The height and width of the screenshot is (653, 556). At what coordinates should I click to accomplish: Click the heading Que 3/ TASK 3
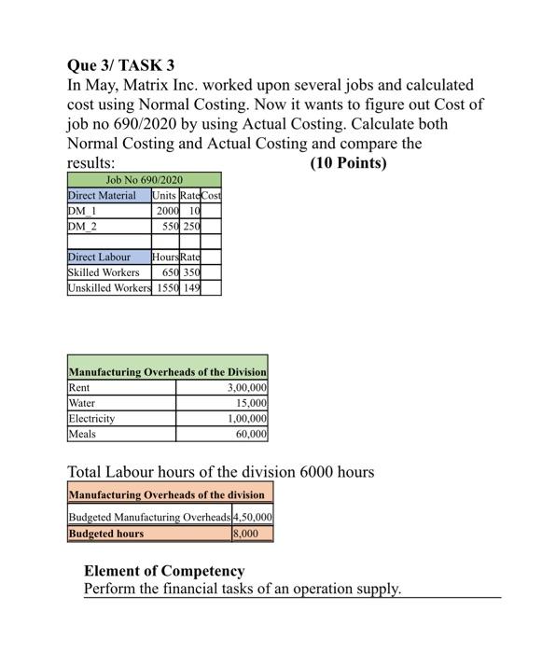pyautogui.click(x=121, y=66)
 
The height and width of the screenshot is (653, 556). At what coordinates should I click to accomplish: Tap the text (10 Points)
pyautogui.click(x=347, y=163)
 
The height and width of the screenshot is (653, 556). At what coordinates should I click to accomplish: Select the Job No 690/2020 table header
pyautogui.click(x=144, y=179)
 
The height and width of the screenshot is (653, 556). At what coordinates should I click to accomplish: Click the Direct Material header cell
pyautogui.click(x=102, y=195)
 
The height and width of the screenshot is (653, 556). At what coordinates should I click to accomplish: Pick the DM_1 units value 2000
pyautogui.click(x=169, y=211)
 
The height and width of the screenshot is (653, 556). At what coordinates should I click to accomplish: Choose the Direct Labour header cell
pyautogui.click(x=99, y=257)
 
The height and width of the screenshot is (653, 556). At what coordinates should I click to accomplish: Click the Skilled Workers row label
pyautogui.click(x=104, y=272)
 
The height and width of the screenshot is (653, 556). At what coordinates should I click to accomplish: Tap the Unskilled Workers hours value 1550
pyautogui.click(x=167, y=288)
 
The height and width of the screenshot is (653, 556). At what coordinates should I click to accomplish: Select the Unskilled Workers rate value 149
pyautogui.click(x=192, y=288)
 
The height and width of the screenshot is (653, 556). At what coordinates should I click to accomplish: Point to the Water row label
pyautogui.click(x=82, y=402)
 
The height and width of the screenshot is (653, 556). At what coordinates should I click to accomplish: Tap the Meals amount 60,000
pyautogui.click(x=249, y=434)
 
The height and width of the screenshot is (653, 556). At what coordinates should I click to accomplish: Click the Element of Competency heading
pyautogui.click(x=164, y=570)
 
